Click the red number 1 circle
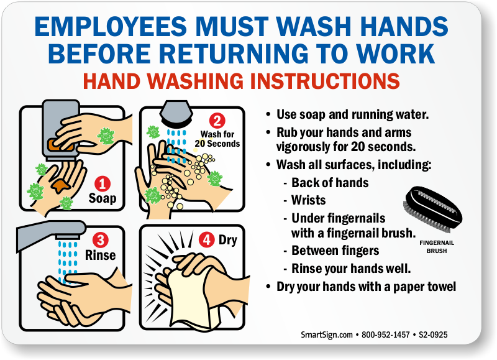(x=103, y=184)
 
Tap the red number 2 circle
(x=217, y=121)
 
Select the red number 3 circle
(x=101, y=240)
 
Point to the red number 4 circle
(x=207, y=239)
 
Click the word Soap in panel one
(x=103, y=198)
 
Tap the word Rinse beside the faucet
(x=100, y=255)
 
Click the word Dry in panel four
(x=228, y=241)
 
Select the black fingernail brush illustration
(x=434, y=210)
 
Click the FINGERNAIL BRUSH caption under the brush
(x=437, y=247)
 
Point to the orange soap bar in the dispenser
(x=61, y=144)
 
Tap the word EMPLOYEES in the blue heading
(x=111, y=26)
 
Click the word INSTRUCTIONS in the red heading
(x=324, y=81)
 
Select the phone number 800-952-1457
(x=386, y=335)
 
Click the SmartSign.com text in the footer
(x=327, y=335)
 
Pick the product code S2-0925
(x=433, y=335)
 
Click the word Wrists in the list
(x=308, y=200)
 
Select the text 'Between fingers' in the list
(x=335, y=251)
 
